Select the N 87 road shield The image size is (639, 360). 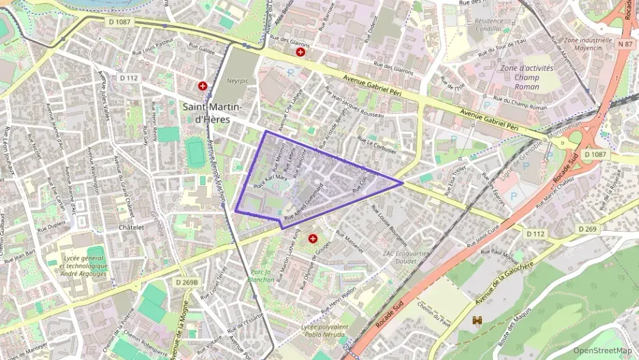[x=625, y=44]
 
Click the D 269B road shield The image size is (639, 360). [x=186, y=281]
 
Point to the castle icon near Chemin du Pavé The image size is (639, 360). [x=478, y=320]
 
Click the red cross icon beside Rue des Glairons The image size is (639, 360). [x=300, y=52]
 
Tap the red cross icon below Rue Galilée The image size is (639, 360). [x=203, y=86]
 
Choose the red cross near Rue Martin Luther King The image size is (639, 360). [x=313, y=238]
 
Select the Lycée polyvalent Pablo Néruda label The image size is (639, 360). [x=324, y=331]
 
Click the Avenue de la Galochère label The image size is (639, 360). [x=495, y=285]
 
